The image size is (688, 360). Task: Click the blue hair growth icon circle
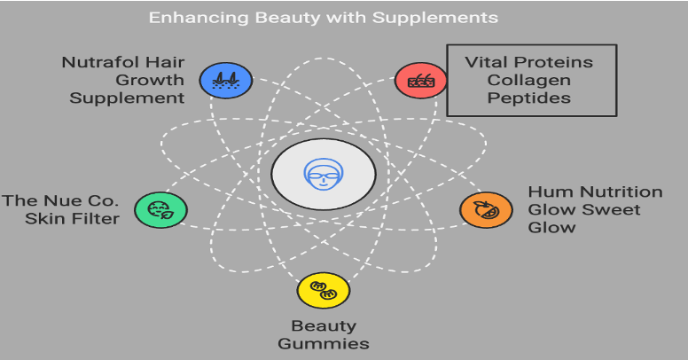(225, 81)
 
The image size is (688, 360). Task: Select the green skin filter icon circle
(160, 210)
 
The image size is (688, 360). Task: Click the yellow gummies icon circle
(324, 290)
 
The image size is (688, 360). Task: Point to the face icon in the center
(324, 171)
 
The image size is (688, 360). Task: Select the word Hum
(546, 192)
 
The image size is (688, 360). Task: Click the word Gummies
(324, 344)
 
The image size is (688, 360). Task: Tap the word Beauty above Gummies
(324, 326)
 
